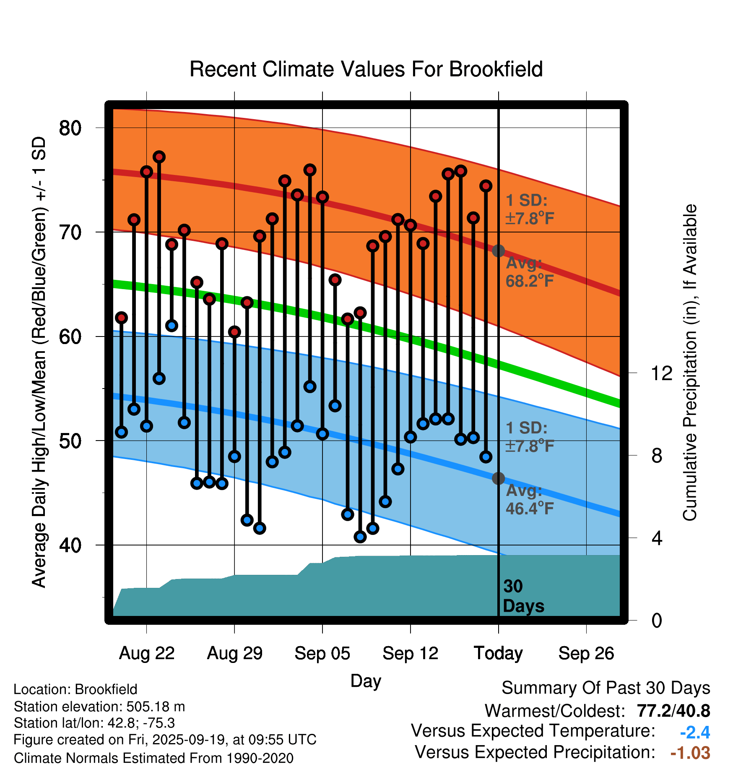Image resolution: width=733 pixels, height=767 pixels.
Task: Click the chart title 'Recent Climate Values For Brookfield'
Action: (x=366, y=69)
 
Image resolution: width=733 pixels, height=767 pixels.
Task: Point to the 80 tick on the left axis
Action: (x=70, y=128)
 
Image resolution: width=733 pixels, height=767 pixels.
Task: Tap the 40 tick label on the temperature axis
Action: (x=70, y=545)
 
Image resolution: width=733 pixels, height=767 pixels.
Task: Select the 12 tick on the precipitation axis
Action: (x=662, y=373)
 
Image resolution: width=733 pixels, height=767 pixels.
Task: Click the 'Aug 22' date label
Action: (x=147, y=653)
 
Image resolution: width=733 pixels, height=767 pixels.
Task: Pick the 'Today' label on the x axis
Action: (x=498, y=653)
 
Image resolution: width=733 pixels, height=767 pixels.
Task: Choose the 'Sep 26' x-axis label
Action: (x=586, y=653)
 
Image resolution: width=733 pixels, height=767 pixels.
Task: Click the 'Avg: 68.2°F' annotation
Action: (x=530, y=272)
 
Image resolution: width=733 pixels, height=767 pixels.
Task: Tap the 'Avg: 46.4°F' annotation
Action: (x=530, y=500)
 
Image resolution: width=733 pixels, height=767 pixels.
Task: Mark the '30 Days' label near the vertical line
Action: (x=523, y=596)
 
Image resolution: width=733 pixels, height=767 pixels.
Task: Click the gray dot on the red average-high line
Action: (x=498, y=251)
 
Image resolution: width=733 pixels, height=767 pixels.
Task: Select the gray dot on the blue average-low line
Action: (x=498, y=478)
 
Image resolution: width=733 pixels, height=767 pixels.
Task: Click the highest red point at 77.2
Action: (x=159, y=157)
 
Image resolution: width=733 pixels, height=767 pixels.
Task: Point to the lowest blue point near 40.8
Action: (x=360, y=537)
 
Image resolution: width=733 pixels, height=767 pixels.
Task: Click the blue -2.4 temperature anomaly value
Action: (x=695, y=732)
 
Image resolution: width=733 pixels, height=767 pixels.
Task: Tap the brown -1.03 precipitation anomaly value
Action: (x=690, y=753)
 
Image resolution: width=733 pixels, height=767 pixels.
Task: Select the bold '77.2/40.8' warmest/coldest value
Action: (x=673, y=711)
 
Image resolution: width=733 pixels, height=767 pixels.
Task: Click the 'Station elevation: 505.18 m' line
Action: (x=99, y=707)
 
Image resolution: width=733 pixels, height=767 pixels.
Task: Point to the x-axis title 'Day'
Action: (x=366, y=681)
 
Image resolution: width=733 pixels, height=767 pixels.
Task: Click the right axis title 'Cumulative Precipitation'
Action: (x=690, y=363)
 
